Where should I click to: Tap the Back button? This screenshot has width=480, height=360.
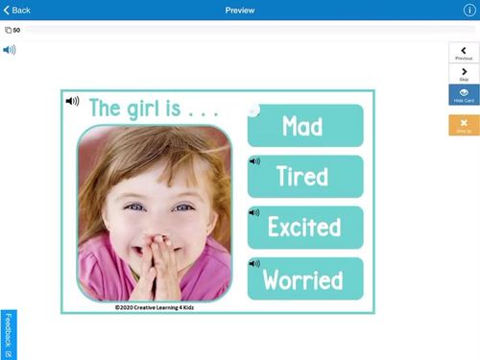17,10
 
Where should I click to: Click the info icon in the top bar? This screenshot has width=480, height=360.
469,10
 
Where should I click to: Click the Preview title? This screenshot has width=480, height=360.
240,10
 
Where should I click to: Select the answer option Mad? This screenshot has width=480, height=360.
305,126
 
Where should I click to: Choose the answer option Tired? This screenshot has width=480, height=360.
305,177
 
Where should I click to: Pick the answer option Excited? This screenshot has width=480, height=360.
305,228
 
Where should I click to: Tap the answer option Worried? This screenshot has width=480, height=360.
305,279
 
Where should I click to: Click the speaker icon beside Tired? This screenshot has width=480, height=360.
254,161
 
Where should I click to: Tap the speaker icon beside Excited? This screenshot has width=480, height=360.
254,212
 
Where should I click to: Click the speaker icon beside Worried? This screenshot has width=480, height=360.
254,263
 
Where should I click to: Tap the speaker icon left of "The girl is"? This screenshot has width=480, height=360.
72,101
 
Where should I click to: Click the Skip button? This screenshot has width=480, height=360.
464,74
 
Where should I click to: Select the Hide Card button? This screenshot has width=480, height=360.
464,95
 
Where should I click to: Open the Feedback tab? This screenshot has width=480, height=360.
8,334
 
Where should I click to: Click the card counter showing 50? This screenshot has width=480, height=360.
13,30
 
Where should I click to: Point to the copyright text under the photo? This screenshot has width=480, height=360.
154,307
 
